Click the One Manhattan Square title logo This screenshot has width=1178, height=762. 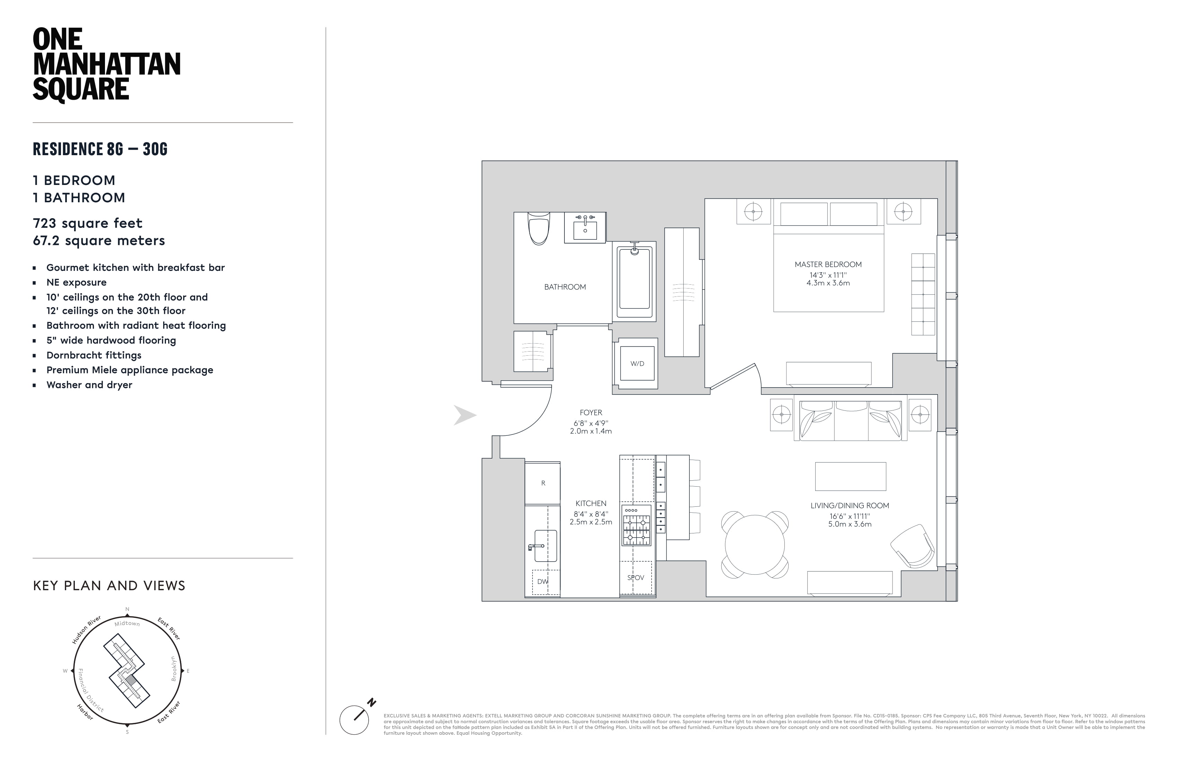pyautogui.click(x=106, y=65)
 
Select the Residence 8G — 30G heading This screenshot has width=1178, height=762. pyautogui.click(x=100, y=149)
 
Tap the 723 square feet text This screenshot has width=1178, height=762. pyautogui.click(x=88, y=223)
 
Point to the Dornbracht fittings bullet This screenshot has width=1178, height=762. pyautogui.click(x=94, y=355)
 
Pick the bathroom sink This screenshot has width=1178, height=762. pyautogui.click(x=585, y=229)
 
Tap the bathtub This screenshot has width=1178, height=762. pyautogui.click(x=634, y=280)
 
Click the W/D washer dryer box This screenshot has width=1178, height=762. pyautogui.click(x=637, y=364)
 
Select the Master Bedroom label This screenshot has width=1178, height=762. pyautogui.click(x=828, y=265)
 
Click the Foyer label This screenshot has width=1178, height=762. pyautogui.click(x=591, y=413)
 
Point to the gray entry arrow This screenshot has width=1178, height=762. pyautogui.click(x=464, y=416)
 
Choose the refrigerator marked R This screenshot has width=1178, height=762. pyautogui.click(x=543, y=483)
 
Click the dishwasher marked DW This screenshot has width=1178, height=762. pyautogui.click(x=543, y=582)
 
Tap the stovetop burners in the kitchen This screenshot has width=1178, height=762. pyautogui.click(x=636, y=529)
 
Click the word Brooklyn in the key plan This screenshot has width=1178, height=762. pyautogui.click(x=174, y=668)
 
